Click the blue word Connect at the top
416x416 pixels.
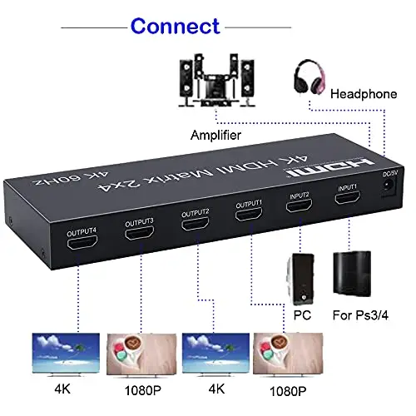click(176, 26)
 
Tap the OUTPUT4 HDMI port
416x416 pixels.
click(82, 242)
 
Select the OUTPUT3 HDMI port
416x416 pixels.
click(139, 233)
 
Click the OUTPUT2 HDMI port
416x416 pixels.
click(195, 224)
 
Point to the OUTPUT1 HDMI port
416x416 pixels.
click(249, 214)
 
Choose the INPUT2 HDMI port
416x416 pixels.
click(299, 206)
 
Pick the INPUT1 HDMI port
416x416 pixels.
click(348, 197)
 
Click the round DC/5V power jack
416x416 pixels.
click(389, 186)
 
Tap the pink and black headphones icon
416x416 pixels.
click(310, 77)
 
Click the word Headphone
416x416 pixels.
click(364, 94)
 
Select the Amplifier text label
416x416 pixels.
click(215, 136)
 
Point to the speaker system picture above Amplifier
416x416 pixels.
click(216, 80)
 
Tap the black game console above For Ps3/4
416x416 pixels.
click(352, 274)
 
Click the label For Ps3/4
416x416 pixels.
click(360, 315)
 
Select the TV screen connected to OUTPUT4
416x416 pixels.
click(66, 353)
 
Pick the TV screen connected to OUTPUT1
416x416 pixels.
click(288, 354)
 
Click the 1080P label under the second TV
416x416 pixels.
click(143, 391)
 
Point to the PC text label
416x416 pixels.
click(302, 315)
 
